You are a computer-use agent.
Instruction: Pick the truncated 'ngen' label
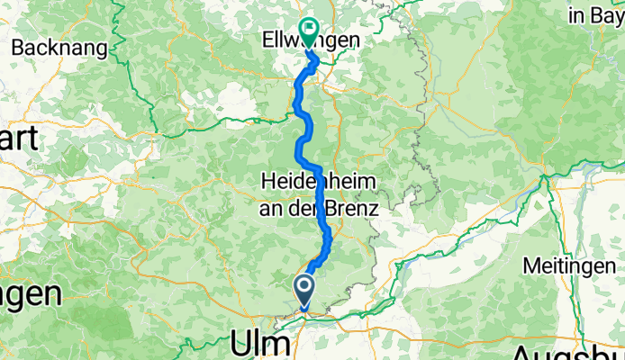tap(29, 292)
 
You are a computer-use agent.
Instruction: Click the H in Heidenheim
tap(267, 180)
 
